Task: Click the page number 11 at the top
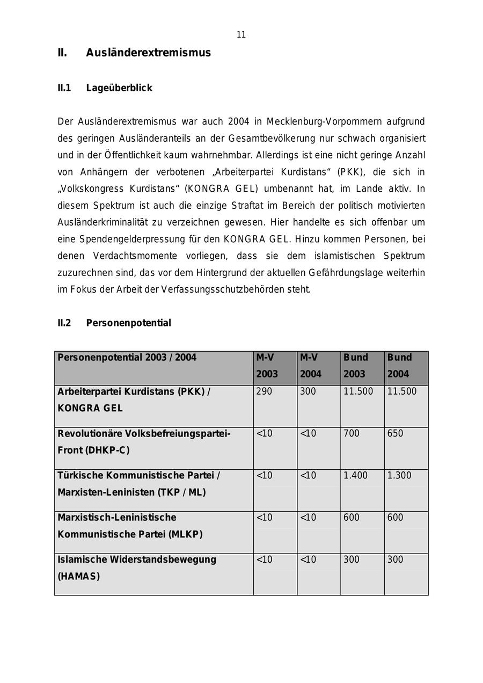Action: click(241, 35)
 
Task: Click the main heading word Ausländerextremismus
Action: click(148, 53)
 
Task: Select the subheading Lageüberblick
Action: click(119, 88)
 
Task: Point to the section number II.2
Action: click(64, 323)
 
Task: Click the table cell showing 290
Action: click(264, 391)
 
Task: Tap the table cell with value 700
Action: click(352, 433)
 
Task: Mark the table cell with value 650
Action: click(395, 433)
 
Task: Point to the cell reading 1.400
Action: click(355, 475)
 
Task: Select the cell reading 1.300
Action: click(399, 475)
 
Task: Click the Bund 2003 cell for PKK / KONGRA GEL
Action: click(358, 391)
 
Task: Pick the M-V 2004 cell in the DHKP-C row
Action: click(308, 433)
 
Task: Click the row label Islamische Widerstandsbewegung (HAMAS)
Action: click(137, 568)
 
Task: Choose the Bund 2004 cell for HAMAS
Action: click(395, 560)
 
